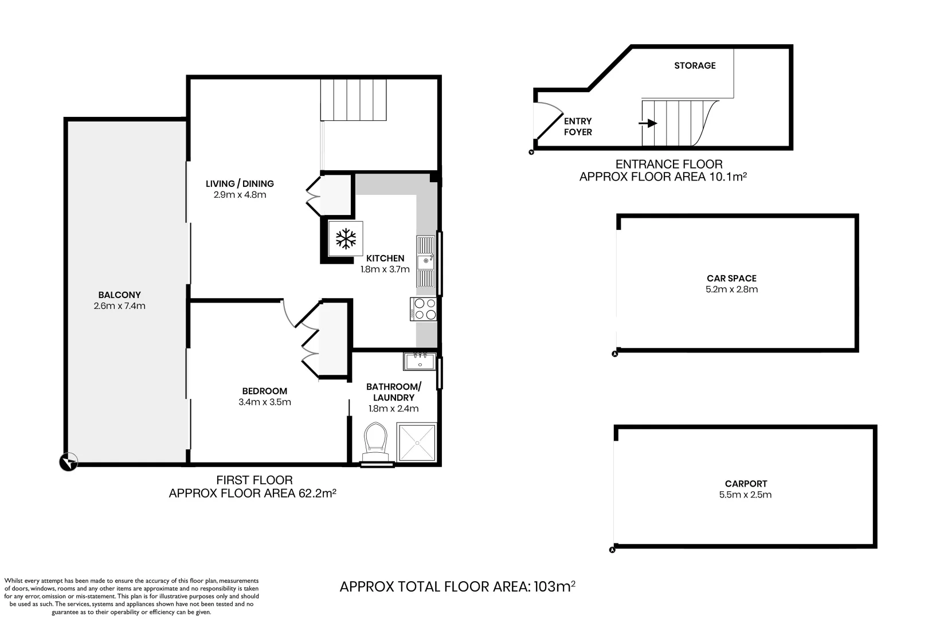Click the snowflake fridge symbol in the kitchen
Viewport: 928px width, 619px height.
pos(346,238)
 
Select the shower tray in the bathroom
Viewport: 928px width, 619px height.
pos(417,442)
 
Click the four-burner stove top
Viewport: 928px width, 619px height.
pos(424,309)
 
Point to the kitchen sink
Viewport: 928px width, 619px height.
pos(425,262)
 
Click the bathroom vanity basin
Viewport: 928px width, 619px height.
pos(420,362)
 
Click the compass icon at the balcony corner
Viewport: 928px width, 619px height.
pos(68,462)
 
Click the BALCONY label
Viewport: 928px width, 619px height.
pos(119,295)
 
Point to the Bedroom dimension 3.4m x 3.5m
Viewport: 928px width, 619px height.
pos(264,402)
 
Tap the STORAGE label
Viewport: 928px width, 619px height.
pos(695,65)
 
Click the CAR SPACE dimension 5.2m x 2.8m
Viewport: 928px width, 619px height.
pos(731,289)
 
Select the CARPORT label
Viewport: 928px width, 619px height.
pos(745,484)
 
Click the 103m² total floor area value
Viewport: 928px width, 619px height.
pos(554,586)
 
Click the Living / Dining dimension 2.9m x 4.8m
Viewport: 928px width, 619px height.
pos(240,195)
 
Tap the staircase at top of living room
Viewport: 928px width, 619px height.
pos(353,100)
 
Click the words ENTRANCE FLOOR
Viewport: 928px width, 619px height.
pos(668,164)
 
